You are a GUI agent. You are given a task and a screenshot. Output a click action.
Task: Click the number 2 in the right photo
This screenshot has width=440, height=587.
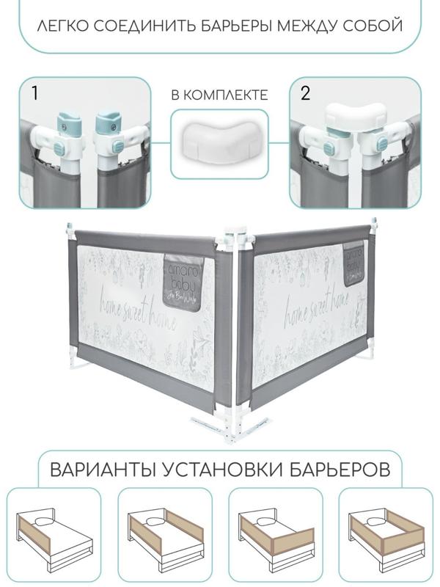pos(305,92)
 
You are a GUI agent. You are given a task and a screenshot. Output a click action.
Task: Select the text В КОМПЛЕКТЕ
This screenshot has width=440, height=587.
pos(219,95)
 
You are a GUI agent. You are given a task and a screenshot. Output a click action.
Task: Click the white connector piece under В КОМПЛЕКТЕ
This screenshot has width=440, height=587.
pos(219,141)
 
